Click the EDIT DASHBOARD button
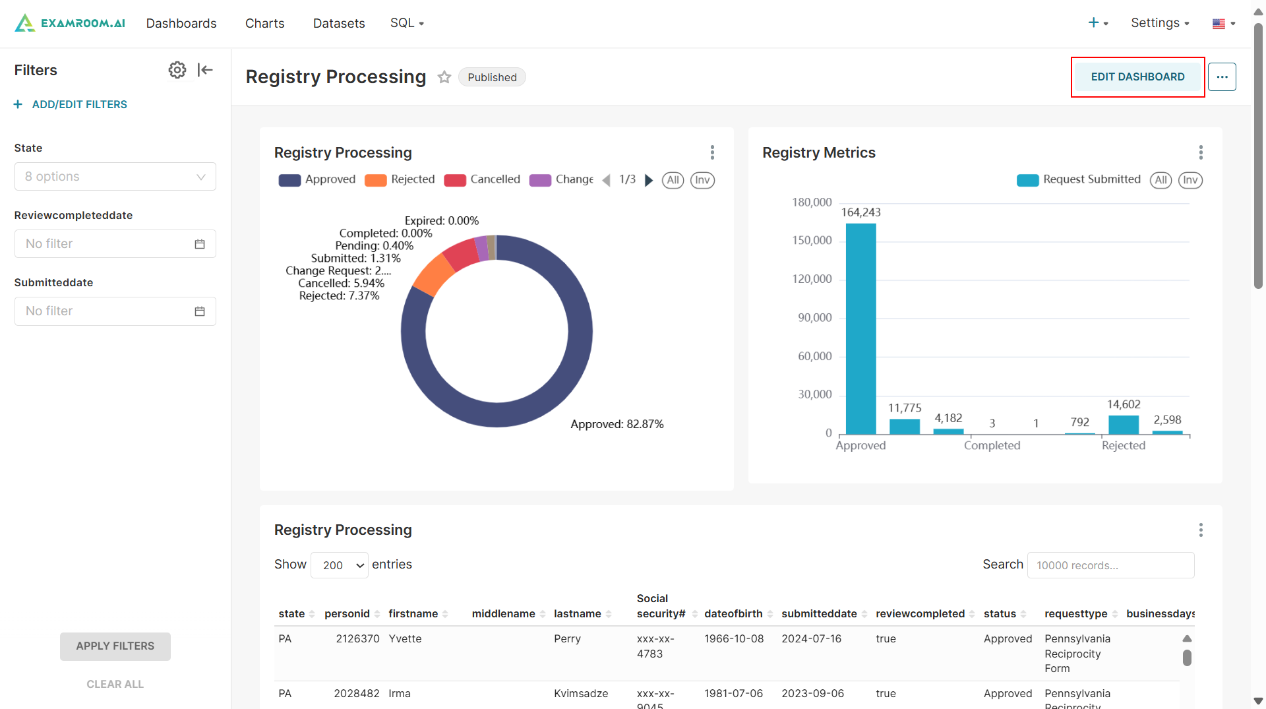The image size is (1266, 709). [x=1137, y=77]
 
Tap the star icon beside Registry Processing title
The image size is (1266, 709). [x=444, y=77]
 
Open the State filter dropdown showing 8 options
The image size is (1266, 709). [x=115, y=177]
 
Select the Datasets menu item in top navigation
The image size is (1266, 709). [x=339, y=23]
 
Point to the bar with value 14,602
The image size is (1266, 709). [x=1124, y=424]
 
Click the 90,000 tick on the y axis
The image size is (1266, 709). [x=815, y=318]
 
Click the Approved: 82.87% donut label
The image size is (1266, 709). [x=617, y=424]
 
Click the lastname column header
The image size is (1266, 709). [x=577, y=614]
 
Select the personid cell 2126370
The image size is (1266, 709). [x=357, y=639]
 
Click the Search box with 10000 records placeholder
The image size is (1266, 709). [x=1110, y=565]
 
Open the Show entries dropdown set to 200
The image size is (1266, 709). [x=340, y=565]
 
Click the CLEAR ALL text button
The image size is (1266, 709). [x=115, y=685]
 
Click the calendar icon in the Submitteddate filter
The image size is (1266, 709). [x=200, y=311]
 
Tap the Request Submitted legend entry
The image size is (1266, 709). [x=1079, y=179]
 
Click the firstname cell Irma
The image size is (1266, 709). [x=400, y=694]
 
